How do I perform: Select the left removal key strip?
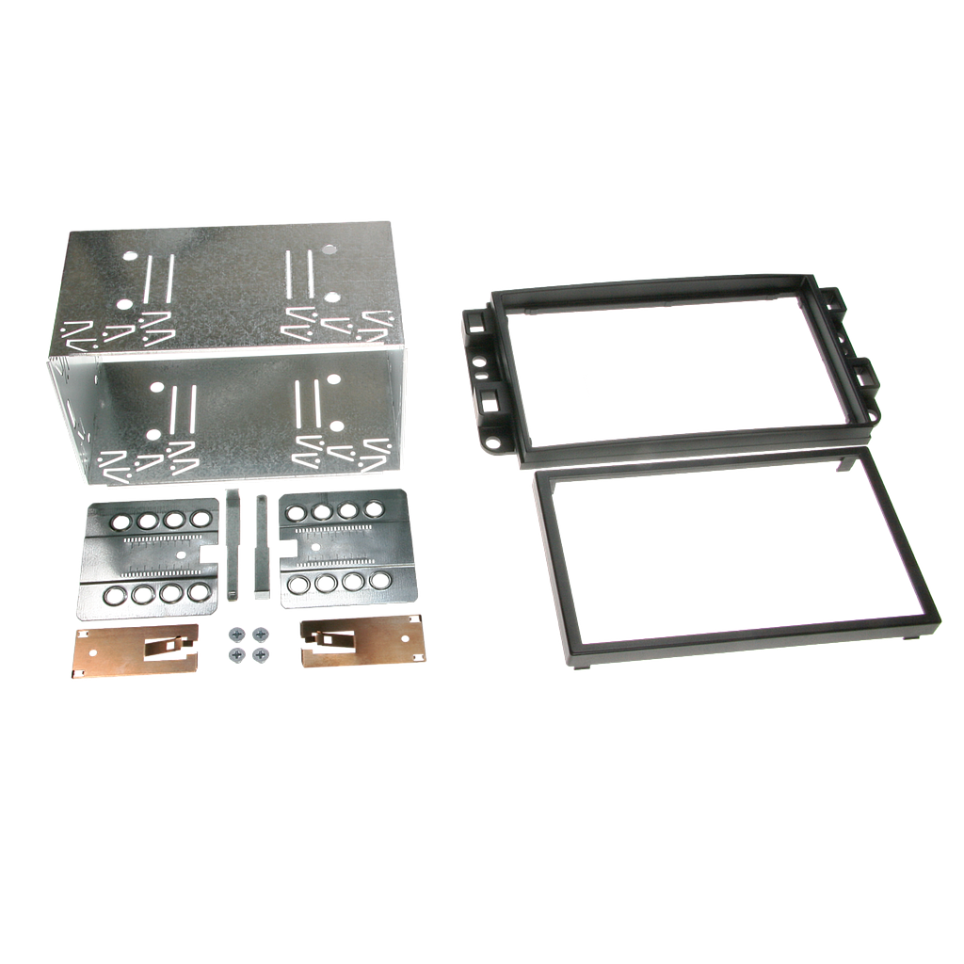232,545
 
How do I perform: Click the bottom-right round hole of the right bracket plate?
379,580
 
